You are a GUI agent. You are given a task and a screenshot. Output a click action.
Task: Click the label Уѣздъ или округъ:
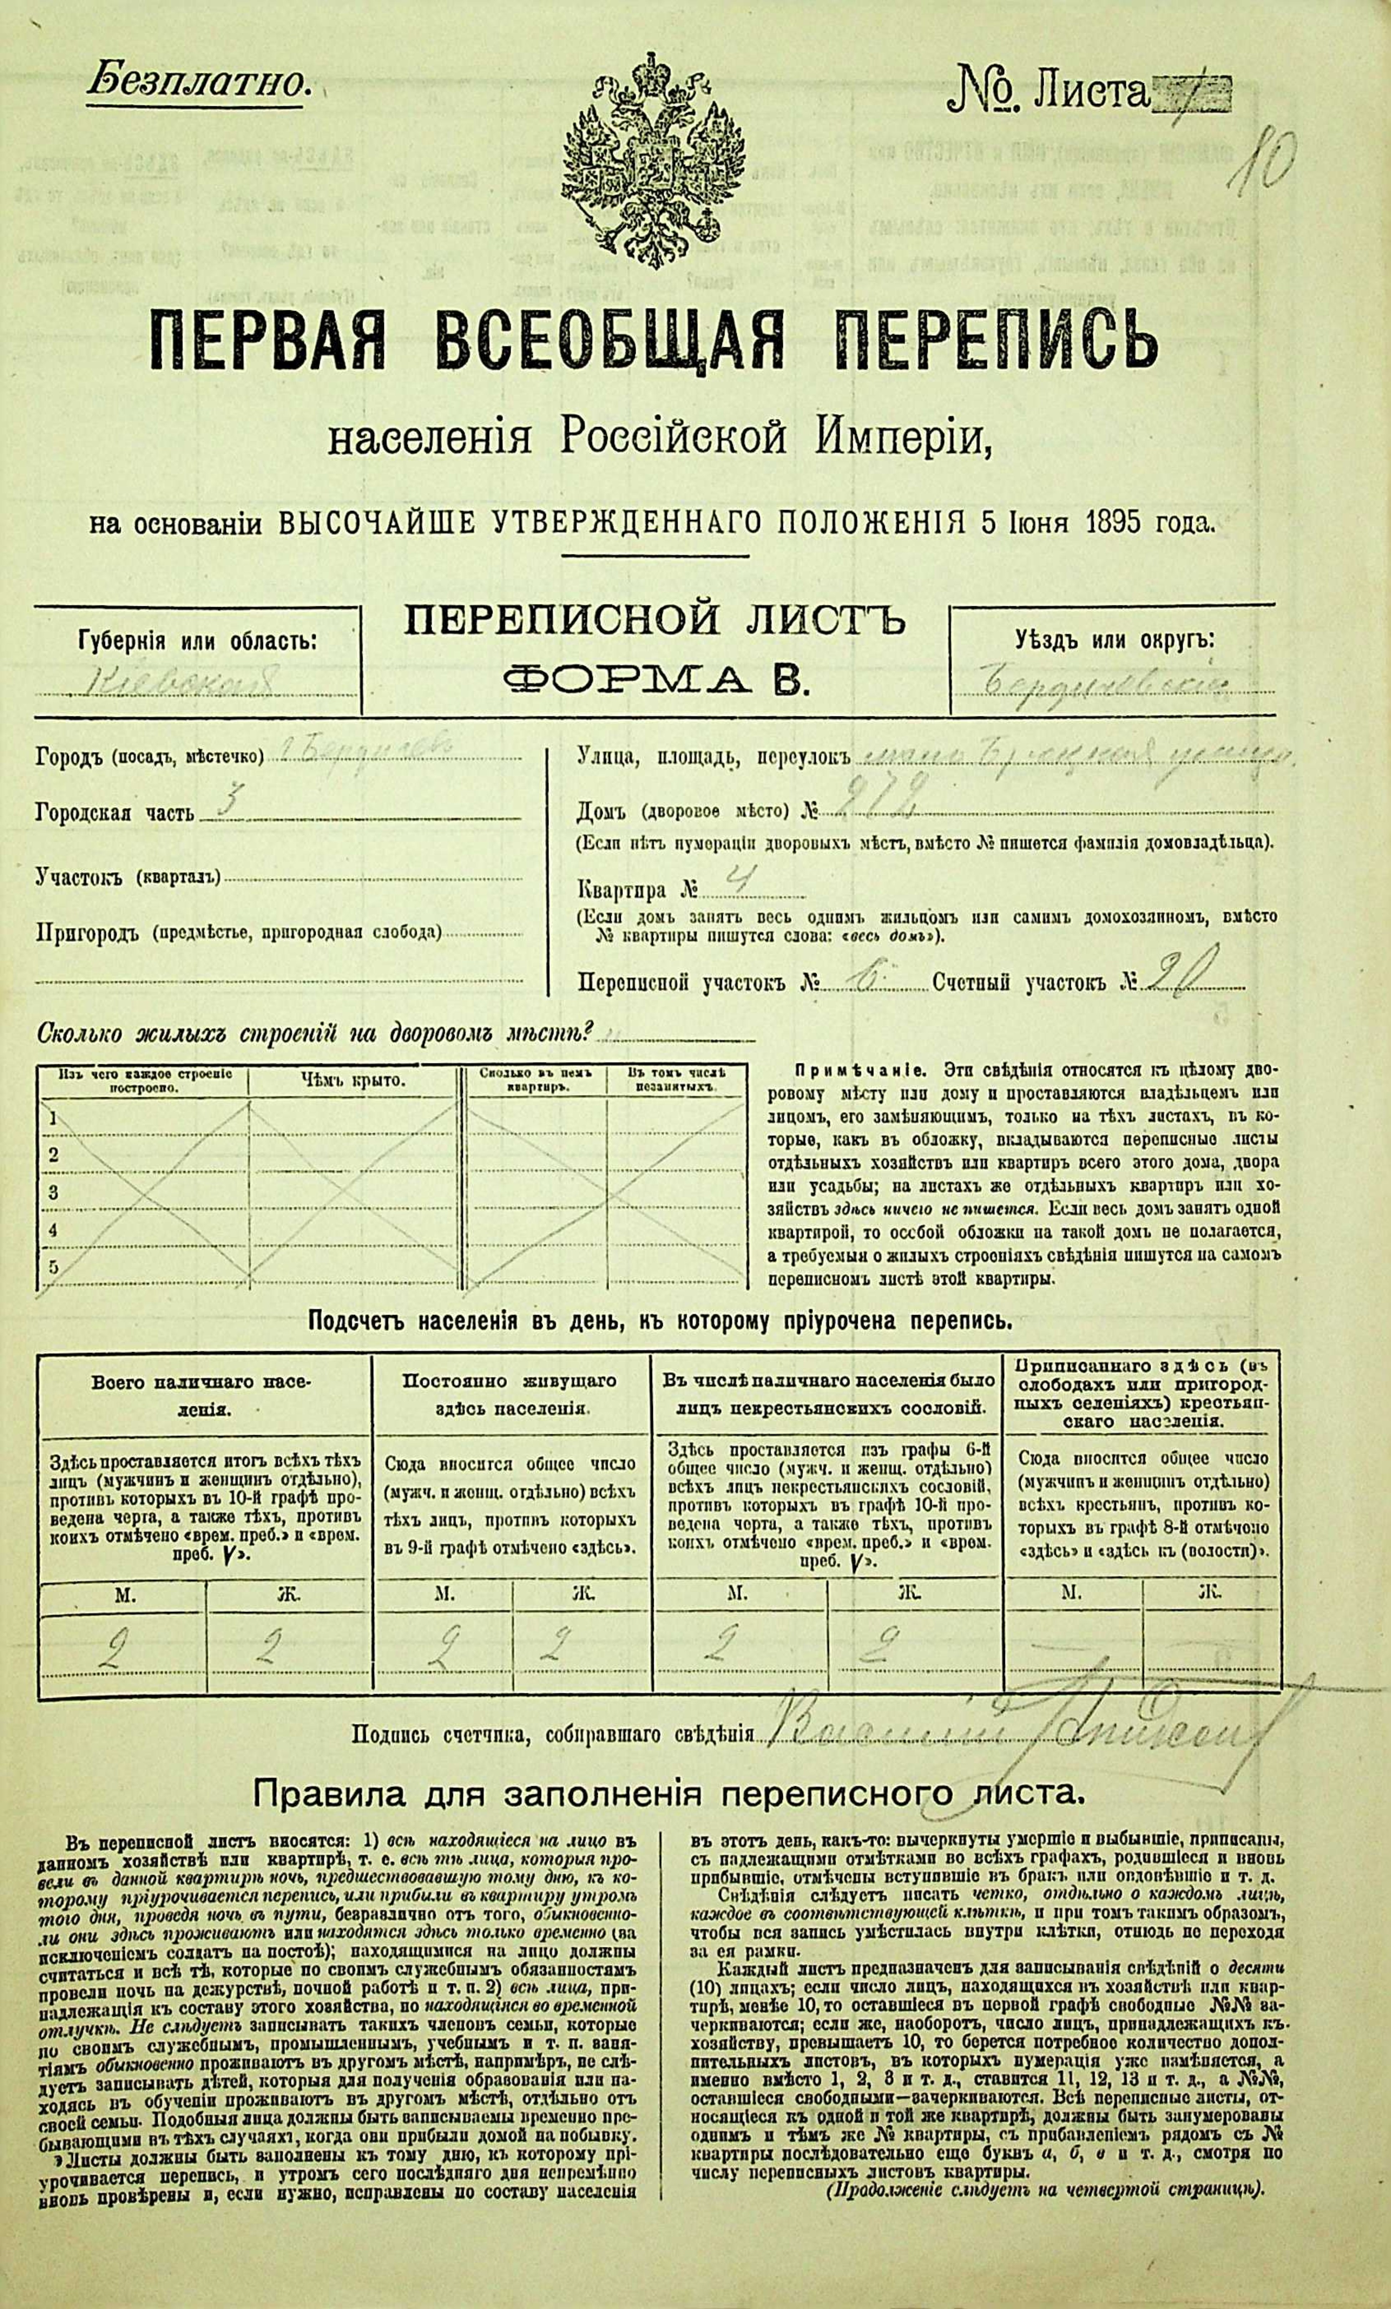pos(1113,640)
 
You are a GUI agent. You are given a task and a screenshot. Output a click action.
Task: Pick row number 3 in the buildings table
pos(54,1193)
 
